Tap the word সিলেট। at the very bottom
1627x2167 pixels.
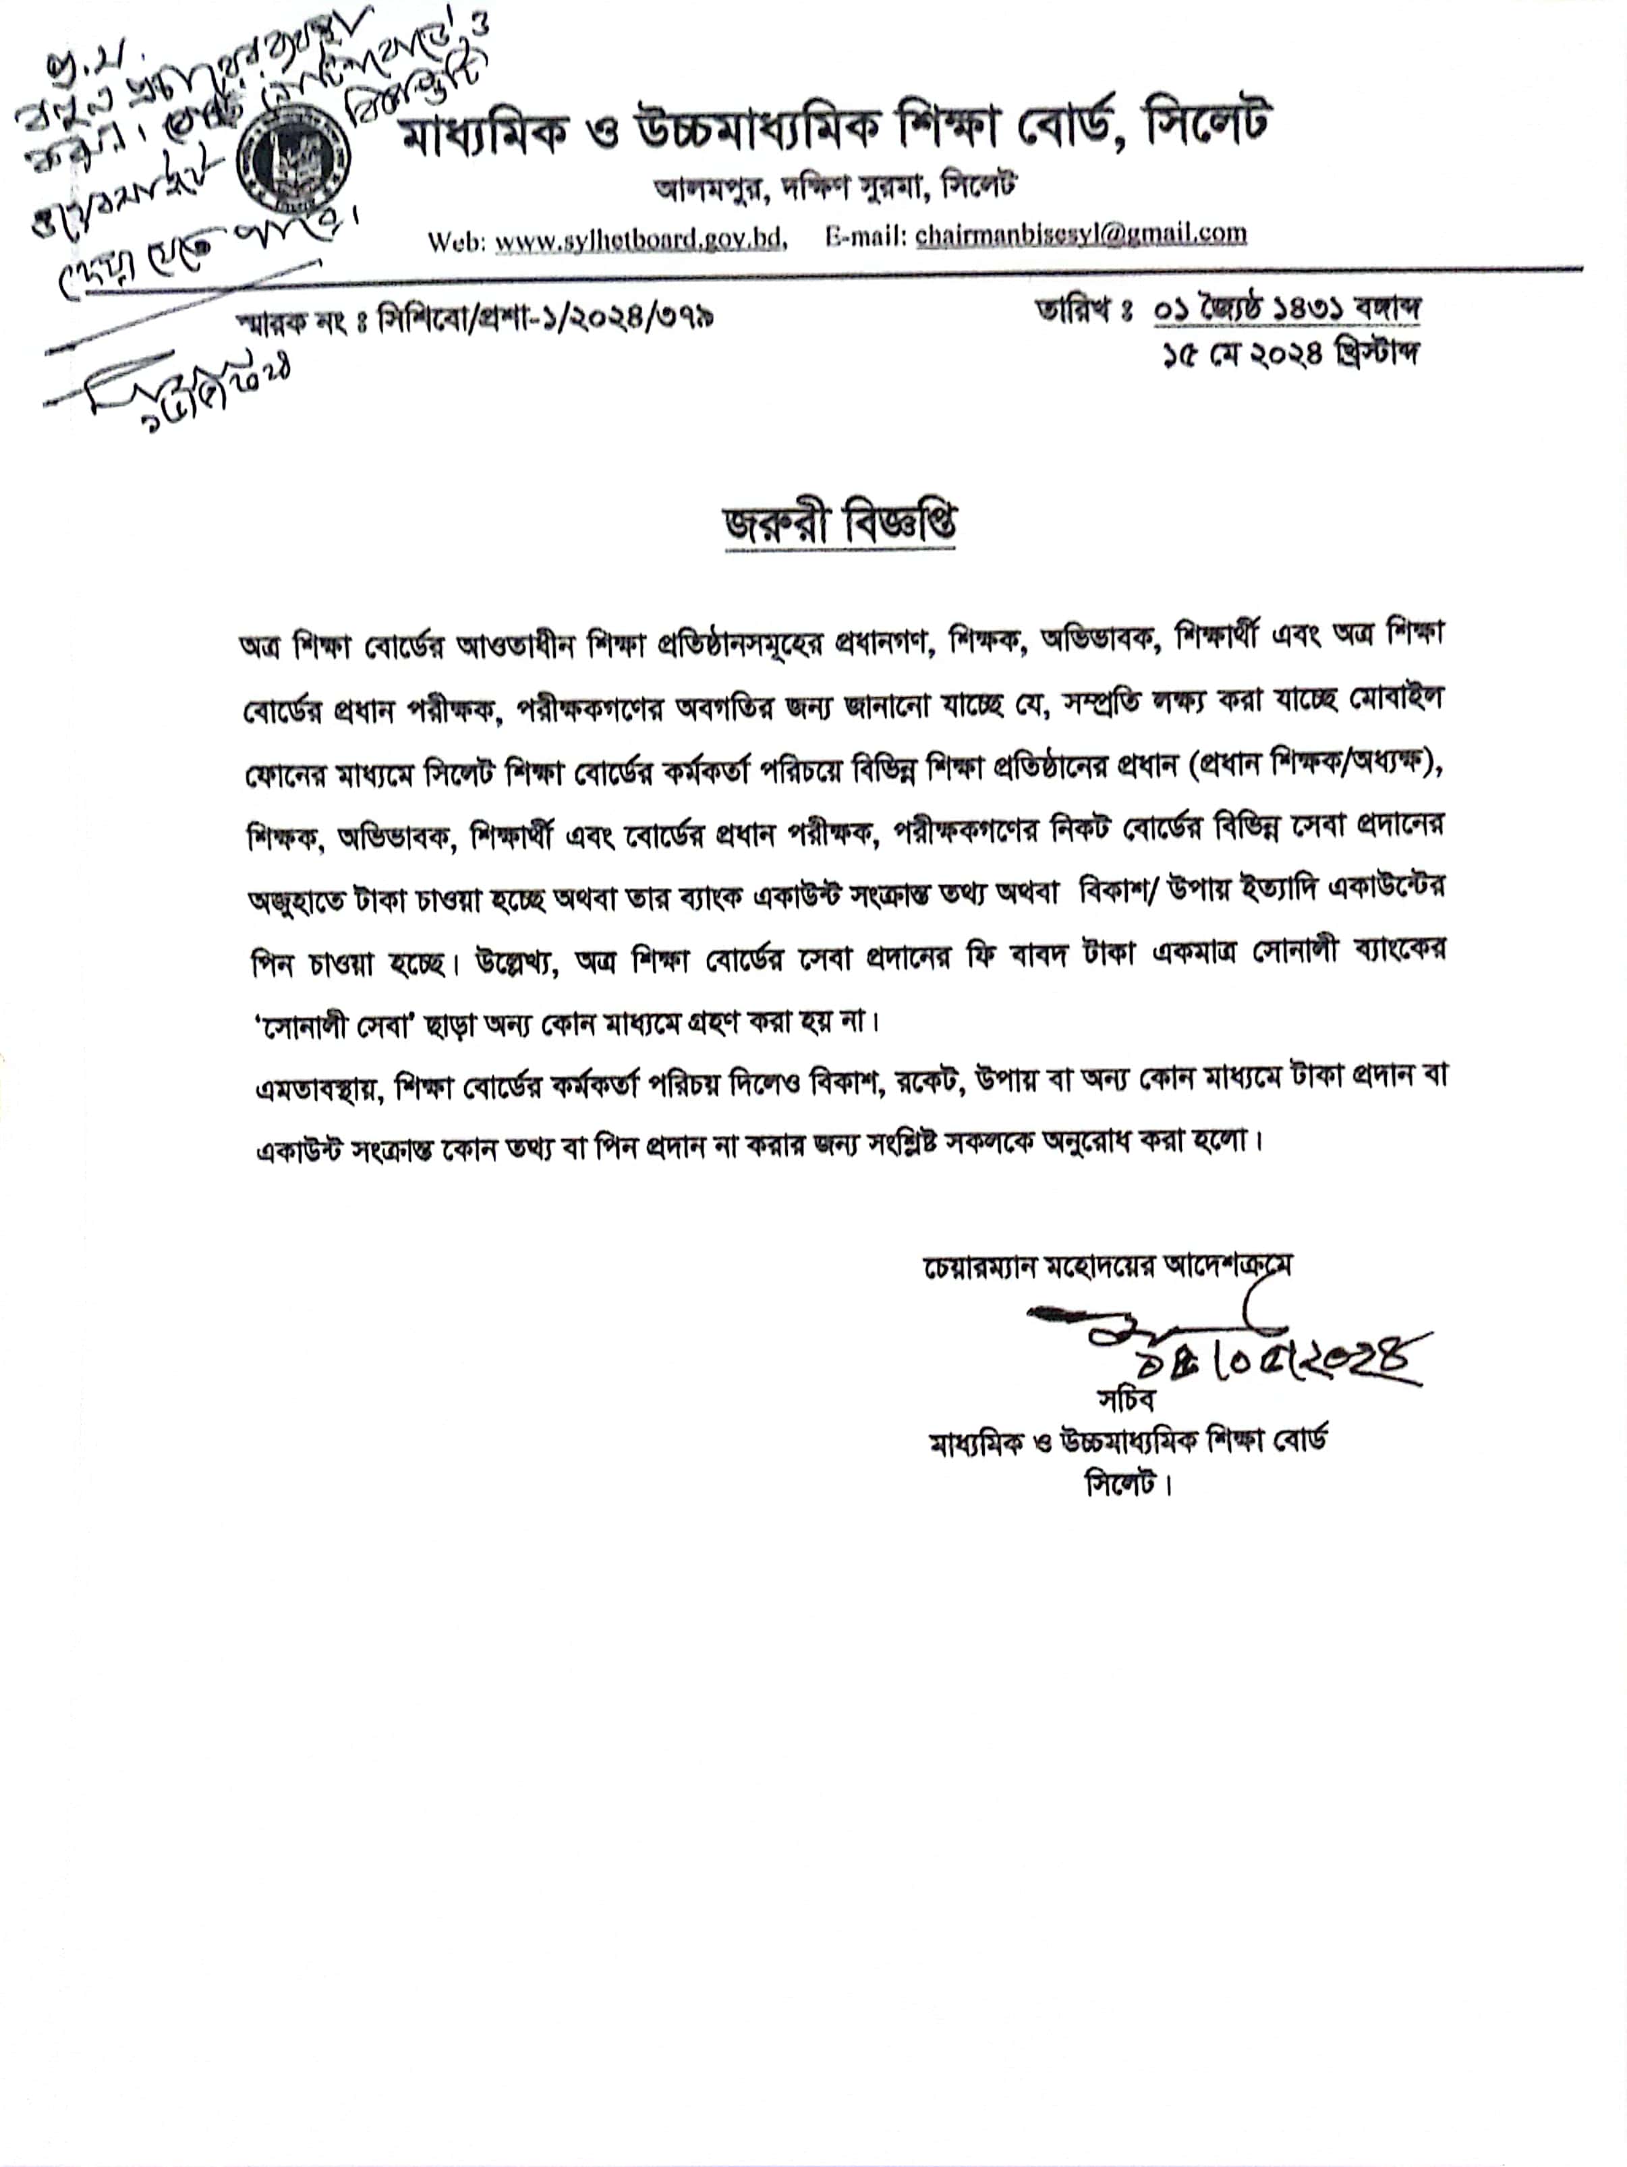[1127, 1484]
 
